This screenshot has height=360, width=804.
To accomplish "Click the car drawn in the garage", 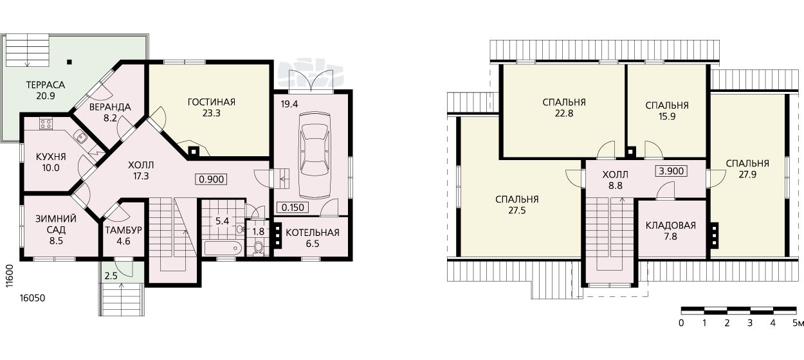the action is point(315,156).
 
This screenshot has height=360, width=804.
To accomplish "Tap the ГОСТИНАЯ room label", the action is point(212,102).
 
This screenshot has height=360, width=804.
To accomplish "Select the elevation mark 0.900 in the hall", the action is point(212,179).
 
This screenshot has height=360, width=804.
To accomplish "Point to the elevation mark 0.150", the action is point(293,207).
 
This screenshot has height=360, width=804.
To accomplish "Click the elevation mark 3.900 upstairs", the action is point(672,171).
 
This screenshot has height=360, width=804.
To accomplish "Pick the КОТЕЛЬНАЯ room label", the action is point(312,233).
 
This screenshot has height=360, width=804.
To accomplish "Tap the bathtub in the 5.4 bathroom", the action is point(223,248).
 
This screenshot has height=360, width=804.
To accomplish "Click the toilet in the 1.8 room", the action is point(258,247).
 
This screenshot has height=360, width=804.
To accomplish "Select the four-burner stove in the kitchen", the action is point(46,124).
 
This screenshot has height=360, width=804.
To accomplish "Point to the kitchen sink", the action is point(79,136).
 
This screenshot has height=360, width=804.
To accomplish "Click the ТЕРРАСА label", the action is point(46,85).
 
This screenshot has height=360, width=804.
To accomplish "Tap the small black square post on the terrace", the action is point(69,62).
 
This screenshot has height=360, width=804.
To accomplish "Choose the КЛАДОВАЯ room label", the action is point(670,226).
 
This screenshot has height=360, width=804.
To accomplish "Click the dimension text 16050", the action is point(32,298).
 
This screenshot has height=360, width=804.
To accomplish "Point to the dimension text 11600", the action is point(10,276).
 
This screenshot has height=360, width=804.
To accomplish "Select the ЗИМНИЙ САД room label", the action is point(56,224).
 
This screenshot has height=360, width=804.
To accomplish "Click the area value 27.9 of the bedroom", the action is point(747,175).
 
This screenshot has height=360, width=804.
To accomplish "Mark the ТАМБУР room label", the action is point(123,230).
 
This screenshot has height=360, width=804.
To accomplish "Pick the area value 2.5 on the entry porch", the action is point(111,276).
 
